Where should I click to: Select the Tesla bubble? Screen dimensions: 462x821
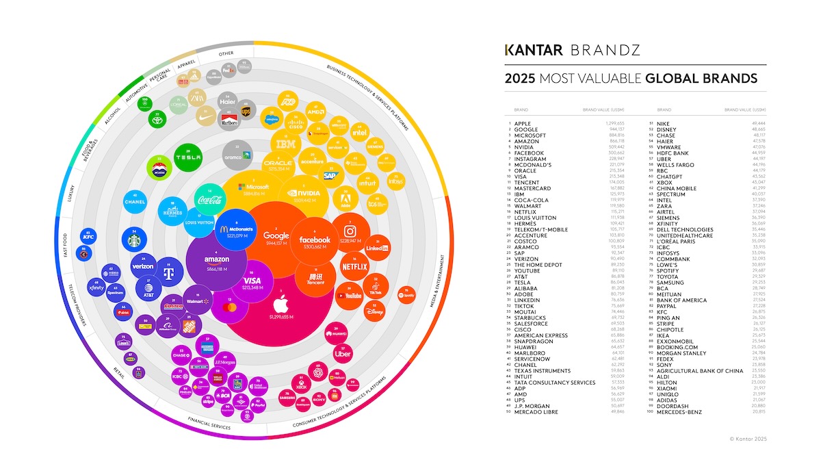click(187, 157)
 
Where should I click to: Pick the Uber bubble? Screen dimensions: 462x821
click(342, 354)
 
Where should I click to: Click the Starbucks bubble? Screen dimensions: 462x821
click(135, 240)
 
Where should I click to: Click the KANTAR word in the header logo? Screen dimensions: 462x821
click(527, 50)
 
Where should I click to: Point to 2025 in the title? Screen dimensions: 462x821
click(520, 79)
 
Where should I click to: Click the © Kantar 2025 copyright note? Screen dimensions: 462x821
click(748, 437)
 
